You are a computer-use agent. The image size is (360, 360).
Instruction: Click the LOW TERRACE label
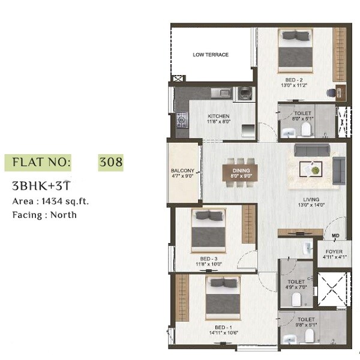211,55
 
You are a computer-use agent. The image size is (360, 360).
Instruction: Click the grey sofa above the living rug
311,150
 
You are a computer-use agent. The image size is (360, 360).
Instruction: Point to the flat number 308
110,162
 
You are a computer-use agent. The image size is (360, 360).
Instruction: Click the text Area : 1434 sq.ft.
50,202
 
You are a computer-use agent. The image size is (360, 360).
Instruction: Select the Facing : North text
44,214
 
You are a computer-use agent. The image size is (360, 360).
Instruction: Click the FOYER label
334,252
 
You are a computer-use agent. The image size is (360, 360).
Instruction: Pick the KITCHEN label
218,116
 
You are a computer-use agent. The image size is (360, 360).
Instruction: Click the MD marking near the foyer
335,236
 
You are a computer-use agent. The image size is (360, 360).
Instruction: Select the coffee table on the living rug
313,169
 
